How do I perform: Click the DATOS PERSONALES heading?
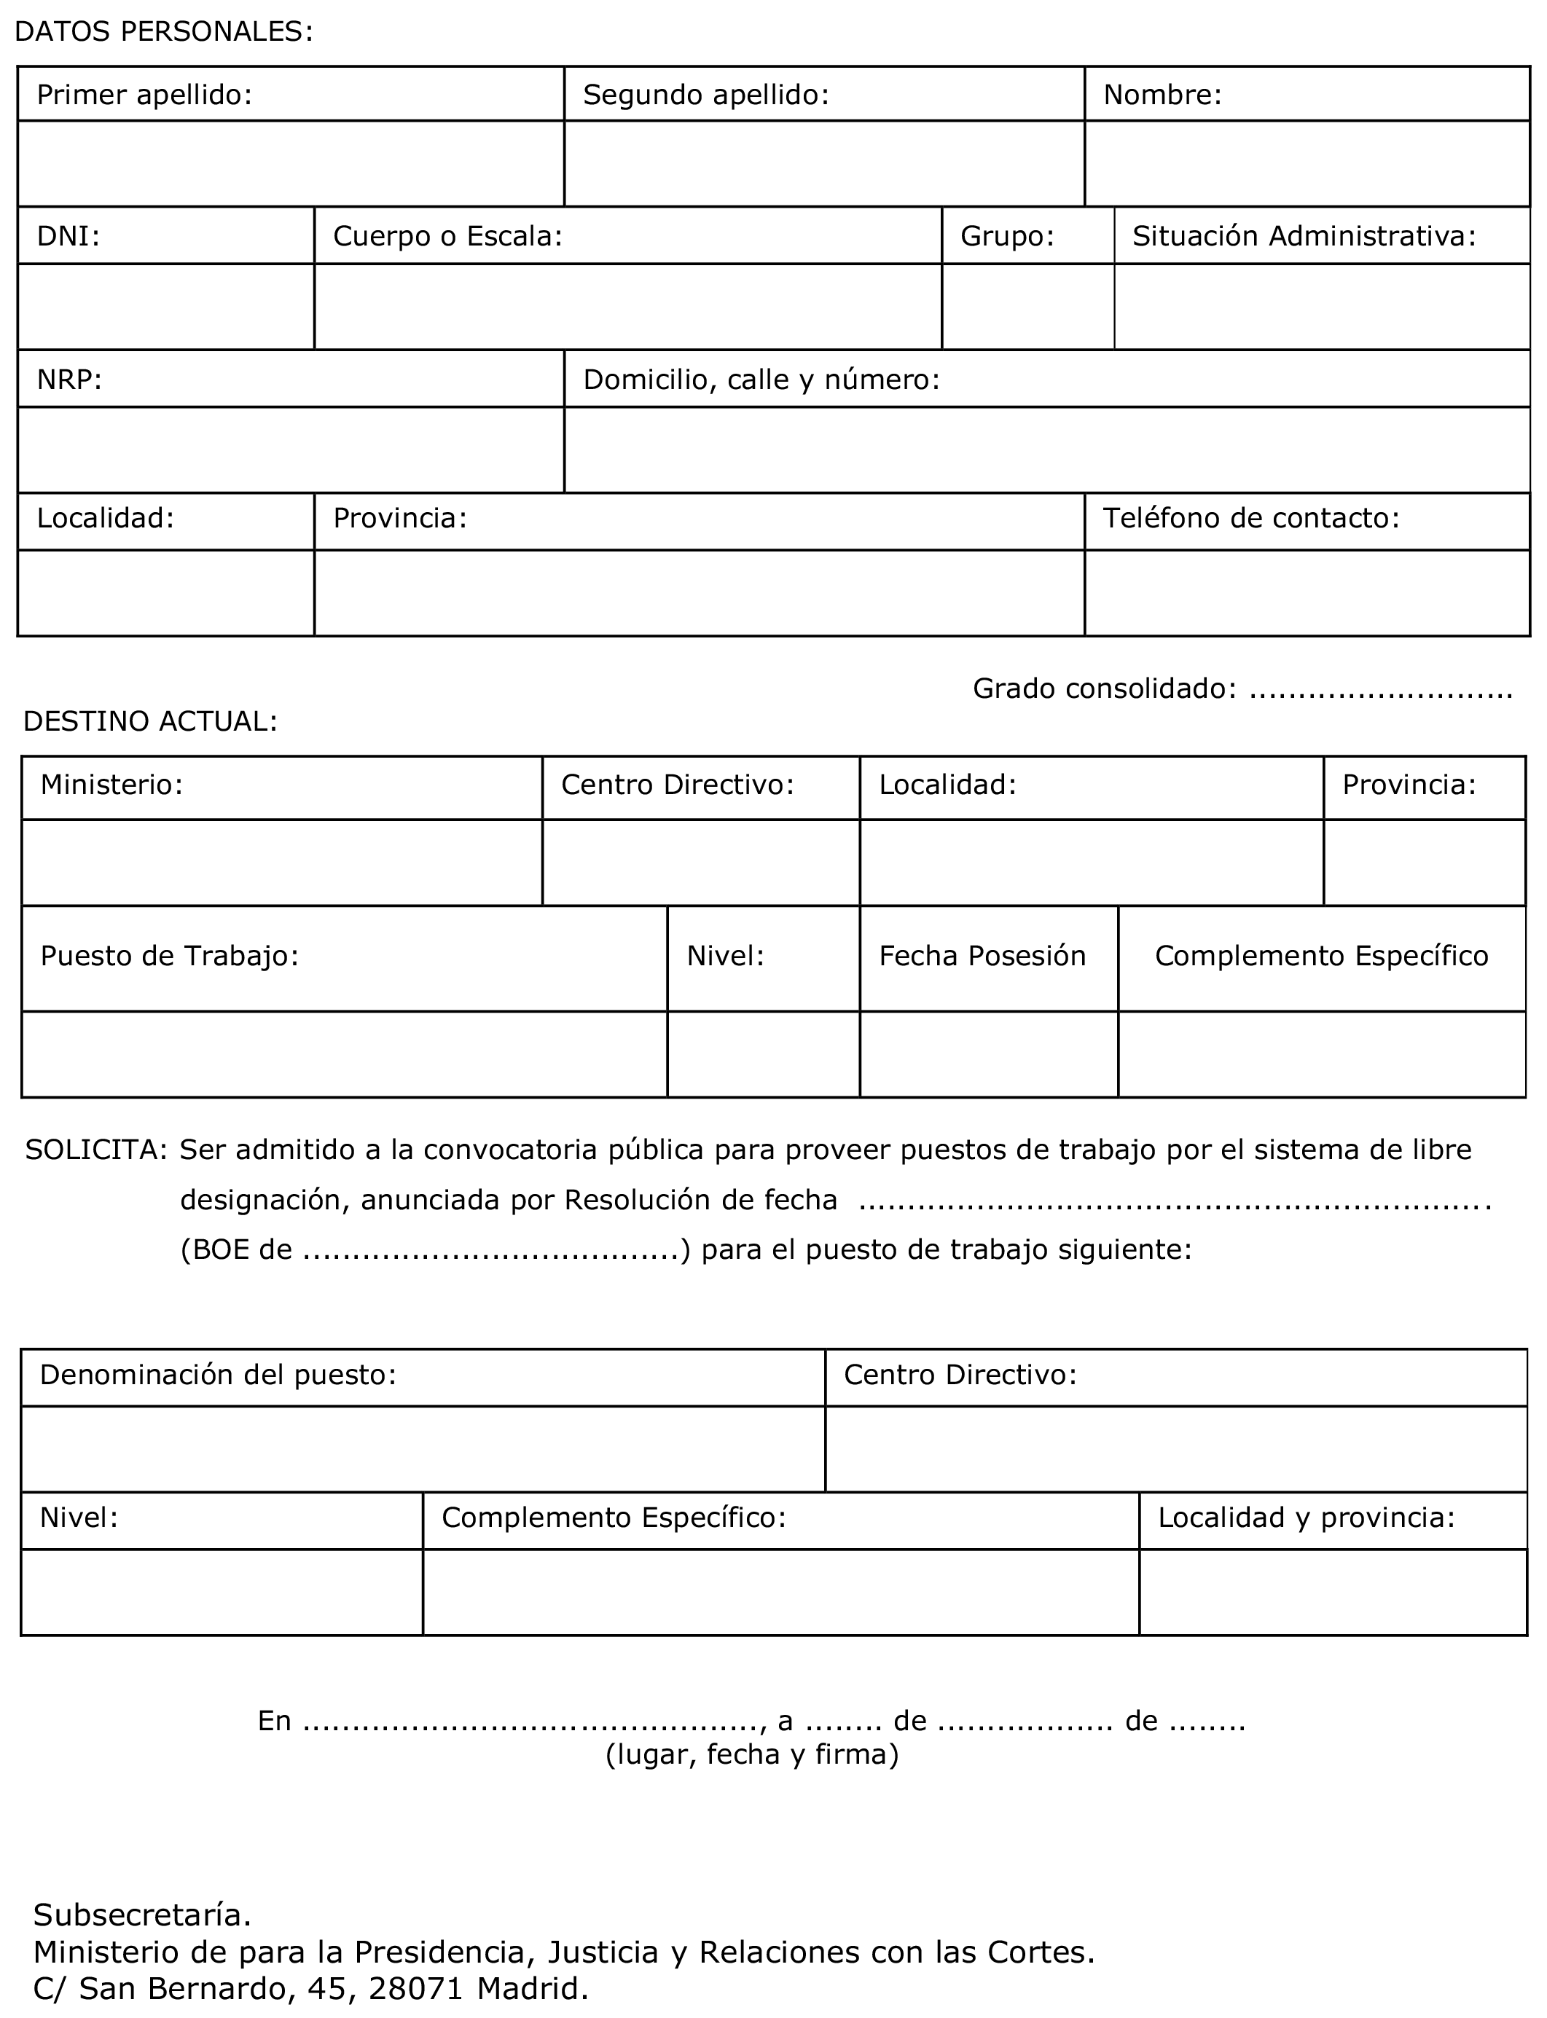pyautogui.click(x=164, y=32)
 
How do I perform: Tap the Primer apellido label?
pyautogui.click(x=144, y=95)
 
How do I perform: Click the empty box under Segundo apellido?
pyautogui.click(x=823, y=163)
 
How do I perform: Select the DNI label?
pyautogui.click(x=68, y=237)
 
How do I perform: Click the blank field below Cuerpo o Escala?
pyautogui.click(x=627, y=307)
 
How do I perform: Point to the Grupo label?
pyautogui.click(x=1006, y=237)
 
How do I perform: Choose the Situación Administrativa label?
pyautogui.click(x=1304, y=237)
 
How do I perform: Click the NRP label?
pyautogui.click(x=69, y=380)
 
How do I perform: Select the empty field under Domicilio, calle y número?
pyautogui.click(x=1046, y=449)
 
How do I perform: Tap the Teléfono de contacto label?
pyautogui.click(x=1250, y=518)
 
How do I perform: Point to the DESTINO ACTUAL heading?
pyautogui.click(x=150, y=722)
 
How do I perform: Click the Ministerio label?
pyautogui.click(x=111, y=785)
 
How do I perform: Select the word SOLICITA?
pyautogui.click(x=95, y=1150)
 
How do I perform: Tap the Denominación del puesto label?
pyautogui.click(x=217, y=1375)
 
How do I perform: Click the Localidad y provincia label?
pyautogui.click(x=1306, y=1518)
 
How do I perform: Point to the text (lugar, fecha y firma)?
pyautogui.click(x=751, y=1755)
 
